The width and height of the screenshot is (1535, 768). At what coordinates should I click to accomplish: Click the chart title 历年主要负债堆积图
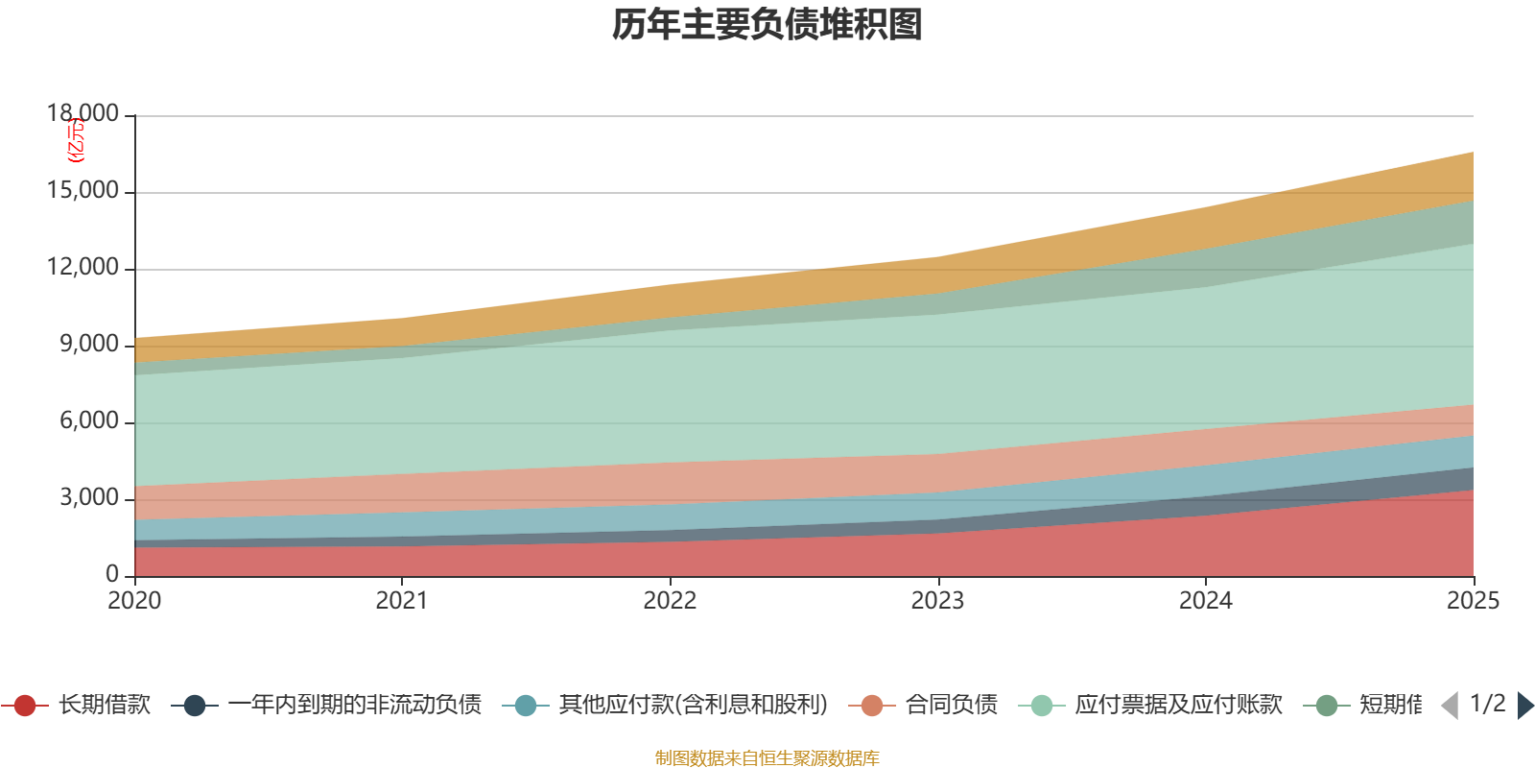point(767,25)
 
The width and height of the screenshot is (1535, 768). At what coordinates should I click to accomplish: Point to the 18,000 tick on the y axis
point(83,113)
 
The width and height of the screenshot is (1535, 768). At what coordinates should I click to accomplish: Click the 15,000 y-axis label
point(83,190)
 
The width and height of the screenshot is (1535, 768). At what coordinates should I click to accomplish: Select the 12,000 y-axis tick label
point(83,267)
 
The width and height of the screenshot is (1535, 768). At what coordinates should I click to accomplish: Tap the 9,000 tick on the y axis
point(89,344)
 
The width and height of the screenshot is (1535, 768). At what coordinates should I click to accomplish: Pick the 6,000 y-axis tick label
point(89,420)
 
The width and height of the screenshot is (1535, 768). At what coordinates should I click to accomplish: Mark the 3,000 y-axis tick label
point(89,497)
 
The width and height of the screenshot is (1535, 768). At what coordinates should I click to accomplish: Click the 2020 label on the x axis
point(134,601)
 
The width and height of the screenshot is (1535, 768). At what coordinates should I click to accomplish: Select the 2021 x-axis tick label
point(402,601)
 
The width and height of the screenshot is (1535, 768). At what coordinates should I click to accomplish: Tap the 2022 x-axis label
point(670,601)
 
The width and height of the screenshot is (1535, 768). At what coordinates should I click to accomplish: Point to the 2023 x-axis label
point(937,601)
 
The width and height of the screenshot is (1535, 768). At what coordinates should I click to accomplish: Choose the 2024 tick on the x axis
point(1205,601)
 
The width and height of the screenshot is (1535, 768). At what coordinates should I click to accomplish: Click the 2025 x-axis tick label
point(1473,601)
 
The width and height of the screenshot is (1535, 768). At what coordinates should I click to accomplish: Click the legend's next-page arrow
point(1525,706)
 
